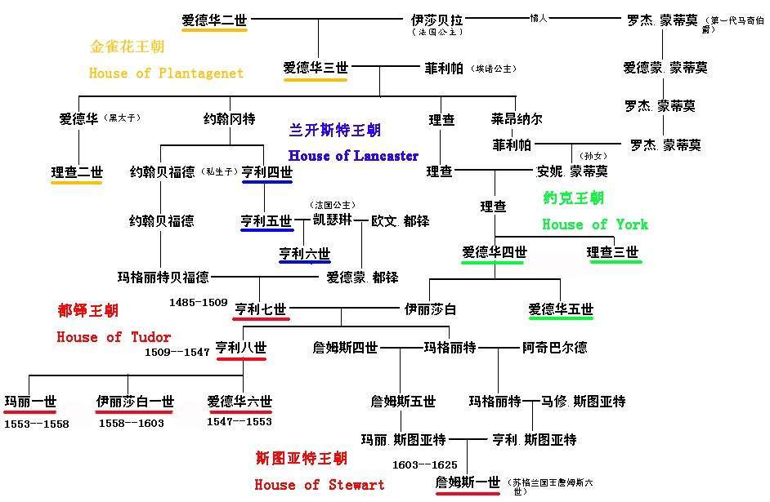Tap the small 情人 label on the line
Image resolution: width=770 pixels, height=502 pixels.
(538, 17)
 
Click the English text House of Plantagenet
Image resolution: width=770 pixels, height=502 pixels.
(166, 73)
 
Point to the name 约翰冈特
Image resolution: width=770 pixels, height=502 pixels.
(229, 119)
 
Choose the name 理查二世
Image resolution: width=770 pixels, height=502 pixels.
(77, 172)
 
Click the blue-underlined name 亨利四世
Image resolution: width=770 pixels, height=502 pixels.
(266, 172)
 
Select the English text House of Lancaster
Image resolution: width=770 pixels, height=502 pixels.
(353, 156)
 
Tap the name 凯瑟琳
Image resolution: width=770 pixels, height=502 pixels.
(334, 220)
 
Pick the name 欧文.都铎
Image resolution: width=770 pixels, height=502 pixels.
(400, 220)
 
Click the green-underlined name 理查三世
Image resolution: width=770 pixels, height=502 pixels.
(613, 252)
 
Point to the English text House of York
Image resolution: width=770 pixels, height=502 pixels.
(595, 224)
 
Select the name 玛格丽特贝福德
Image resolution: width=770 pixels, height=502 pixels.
(163, 278)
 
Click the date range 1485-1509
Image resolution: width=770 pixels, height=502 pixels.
(198, 303)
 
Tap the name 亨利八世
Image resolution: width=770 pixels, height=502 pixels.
(241, 348)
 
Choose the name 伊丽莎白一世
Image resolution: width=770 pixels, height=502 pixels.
(135, 402)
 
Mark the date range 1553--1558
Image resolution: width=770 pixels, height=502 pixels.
(37, 424)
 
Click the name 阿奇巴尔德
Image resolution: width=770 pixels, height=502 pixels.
(554, 348)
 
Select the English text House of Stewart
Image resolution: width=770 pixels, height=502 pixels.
(319, 485)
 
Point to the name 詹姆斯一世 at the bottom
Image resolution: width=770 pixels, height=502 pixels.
(468, 483)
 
